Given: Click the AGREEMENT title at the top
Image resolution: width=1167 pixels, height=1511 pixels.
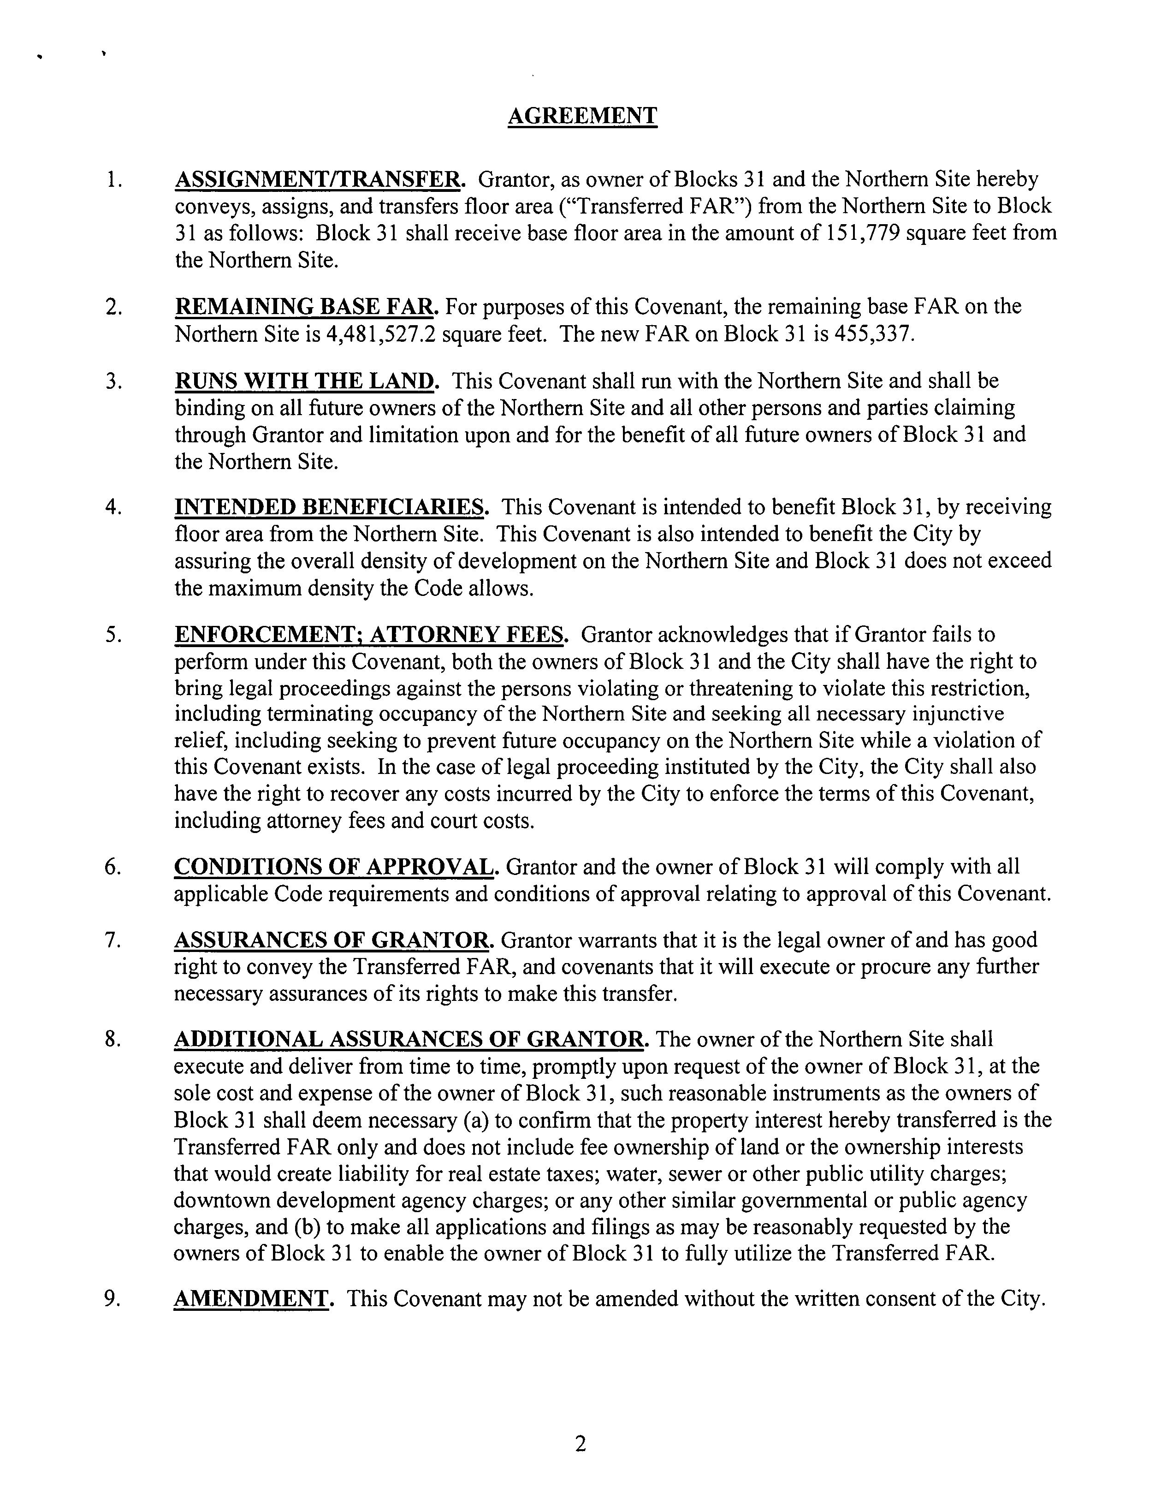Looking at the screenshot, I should pyautogui.click(x=582, y=115).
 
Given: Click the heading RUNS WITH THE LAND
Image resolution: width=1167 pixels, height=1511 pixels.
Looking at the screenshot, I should pyautogui.click(x=305, y=381).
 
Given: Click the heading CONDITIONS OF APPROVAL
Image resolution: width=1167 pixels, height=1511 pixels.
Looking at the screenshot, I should pyautogui.click(x=334, y=867).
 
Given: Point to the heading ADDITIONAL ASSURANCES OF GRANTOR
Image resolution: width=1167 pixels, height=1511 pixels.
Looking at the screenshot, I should pyautogui.click(x=409, y=1039).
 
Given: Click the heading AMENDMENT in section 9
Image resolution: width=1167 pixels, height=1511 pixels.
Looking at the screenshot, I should pyautogui.click(x=251, y=1299).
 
